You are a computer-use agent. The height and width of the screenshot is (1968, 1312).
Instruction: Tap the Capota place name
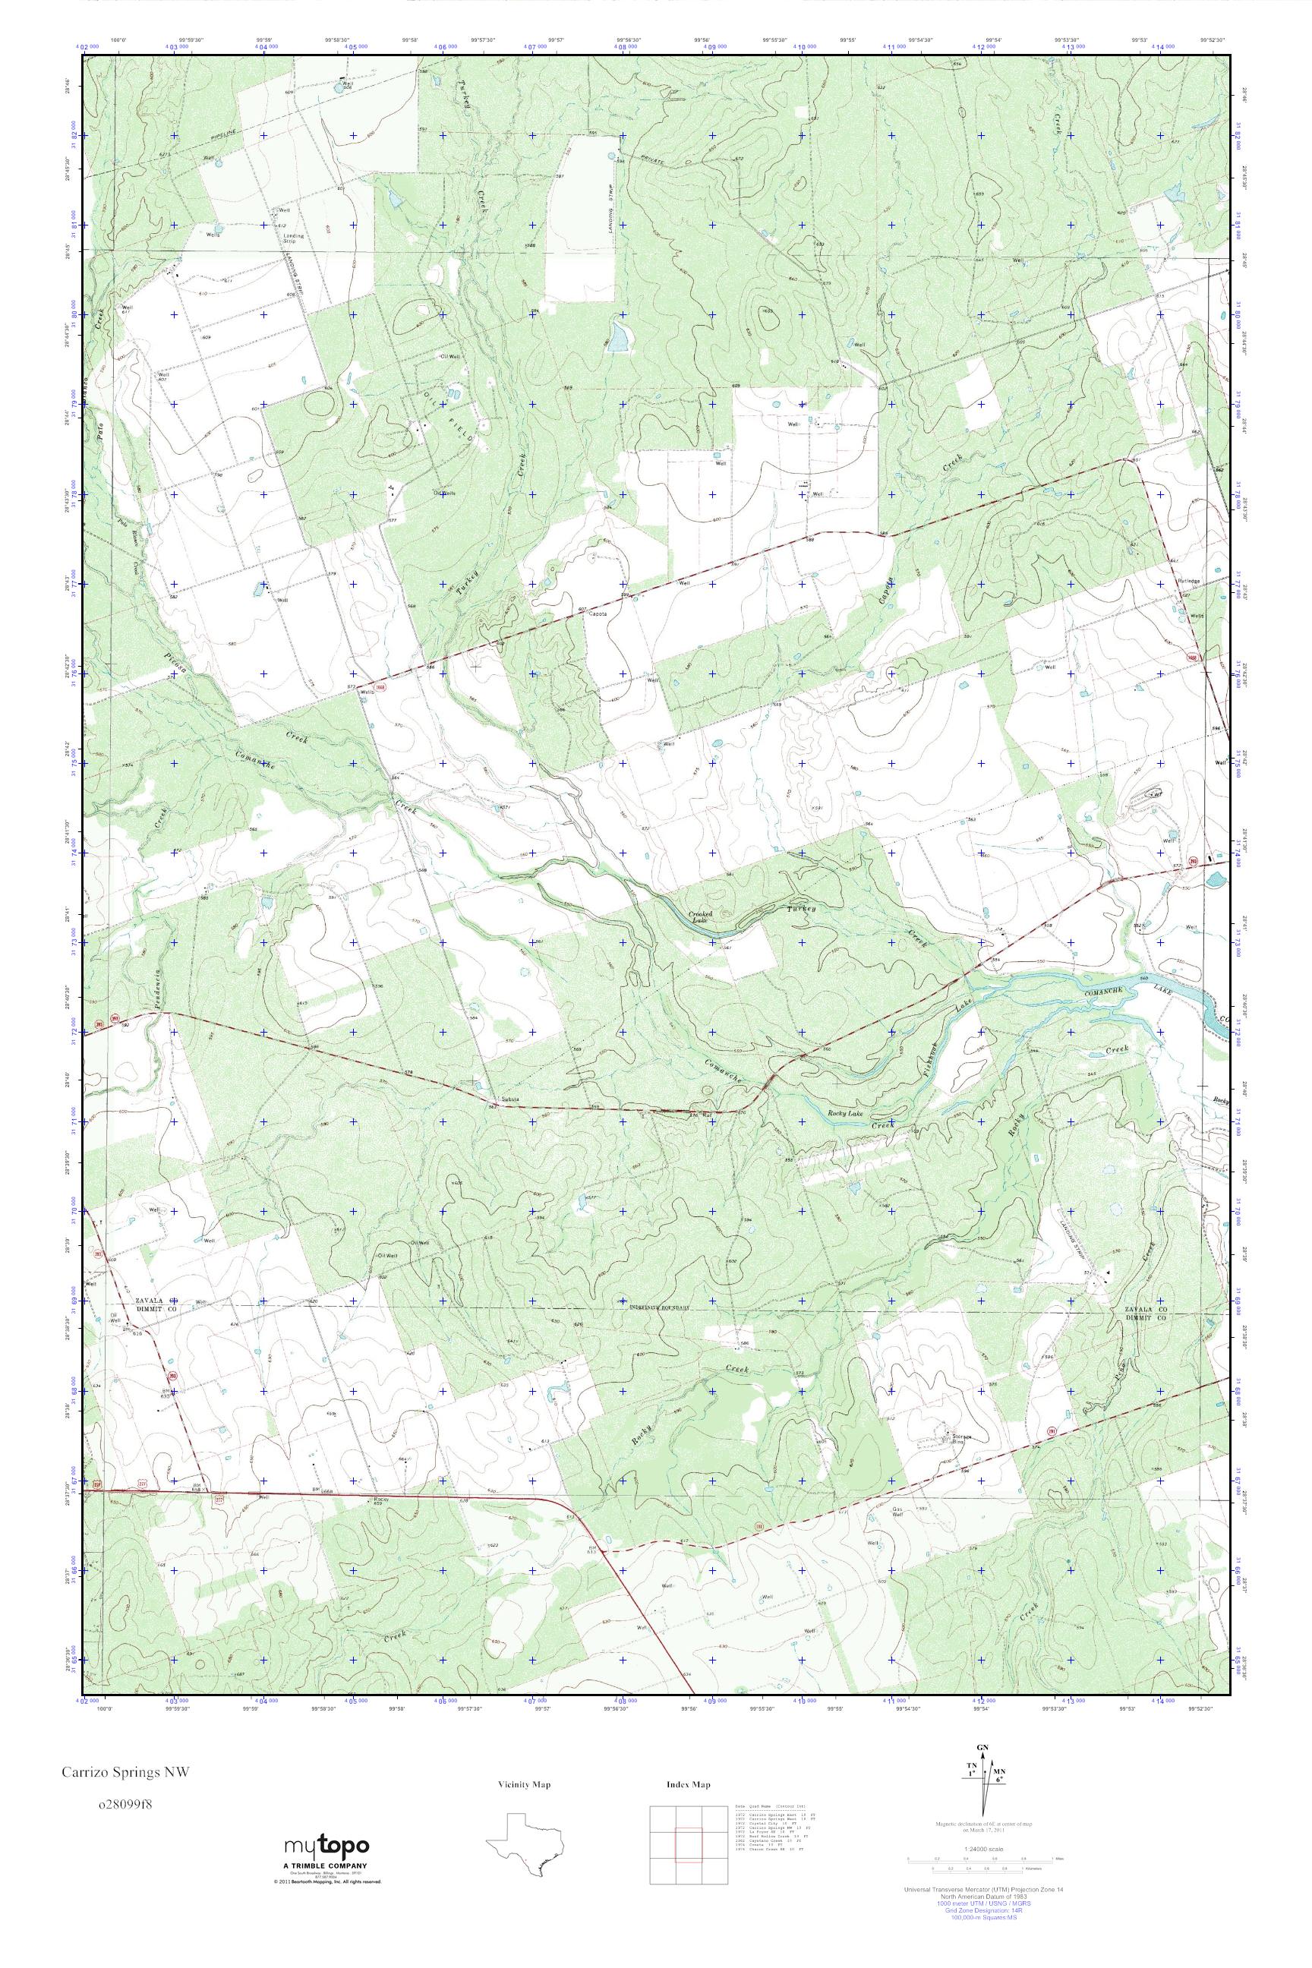click(x=598, y=614)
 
